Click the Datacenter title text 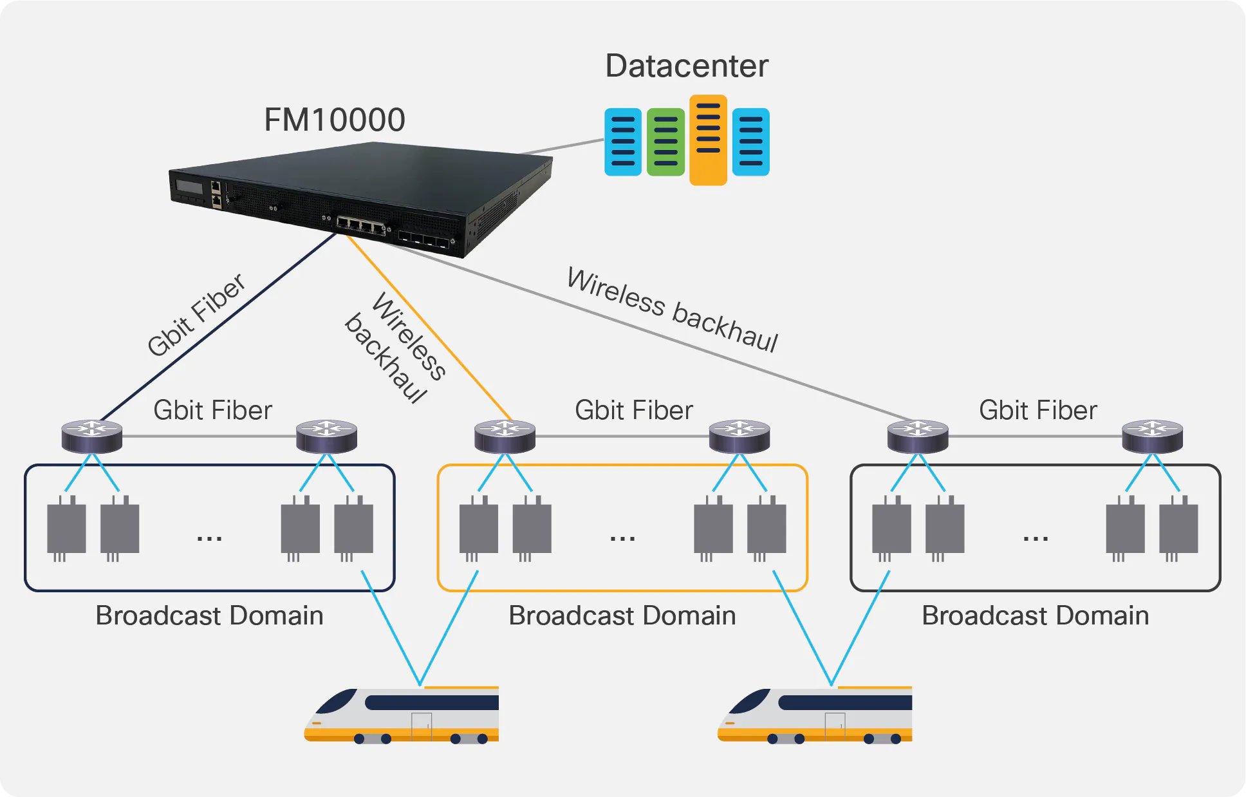pos(687,66)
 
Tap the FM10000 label pos(334,120)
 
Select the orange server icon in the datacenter pos(708,140)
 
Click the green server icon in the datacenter pos(665,142)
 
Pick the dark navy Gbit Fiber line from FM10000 pos(219,328)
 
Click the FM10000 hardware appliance pos(360,193)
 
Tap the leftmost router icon pos(92,436)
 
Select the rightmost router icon pos(1152,436)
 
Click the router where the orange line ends pos(505,436)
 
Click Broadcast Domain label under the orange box pos(622,615)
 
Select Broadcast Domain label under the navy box pos(209,615)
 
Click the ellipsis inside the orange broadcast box pos(622,538)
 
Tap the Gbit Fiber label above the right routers pos(1037,410)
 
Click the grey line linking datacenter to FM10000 pos(563,147)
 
